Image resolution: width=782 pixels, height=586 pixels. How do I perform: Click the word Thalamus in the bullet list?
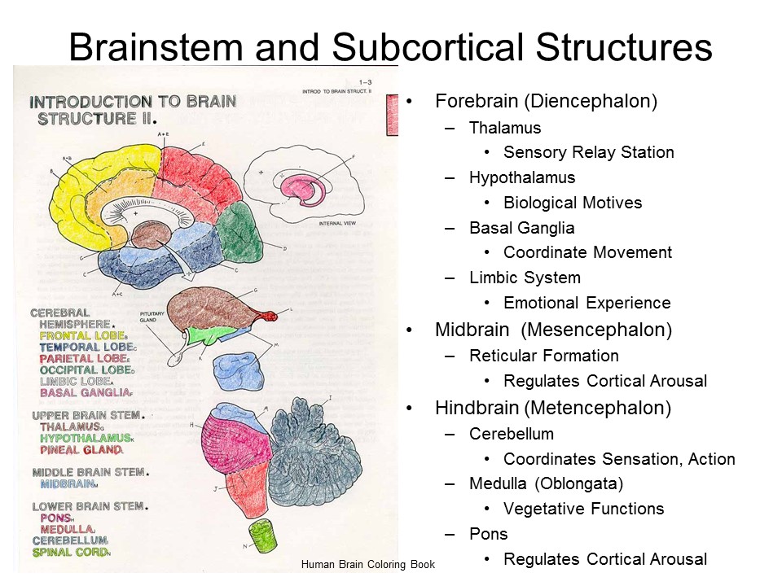point(504,128)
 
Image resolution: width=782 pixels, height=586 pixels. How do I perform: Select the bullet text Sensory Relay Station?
point(588,152)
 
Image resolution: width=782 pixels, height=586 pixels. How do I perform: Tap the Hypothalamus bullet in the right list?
point(521,177)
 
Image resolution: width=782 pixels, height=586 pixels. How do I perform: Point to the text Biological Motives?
point(573,203)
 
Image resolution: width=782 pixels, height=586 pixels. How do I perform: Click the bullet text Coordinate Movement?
point(587,252)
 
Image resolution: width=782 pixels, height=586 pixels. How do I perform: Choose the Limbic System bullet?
point(525,278)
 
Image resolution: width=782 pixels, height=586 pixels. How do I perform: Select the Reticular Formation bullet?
point(543,356)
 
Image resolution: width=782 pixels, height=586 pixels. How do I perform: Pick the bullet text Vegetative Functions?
point(583,509)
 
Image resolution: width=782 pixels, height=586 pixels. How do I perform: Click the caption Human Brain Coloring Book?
point(367,564)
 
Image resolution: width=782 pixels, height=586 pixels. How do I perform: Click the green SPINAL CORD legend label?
point(70,552)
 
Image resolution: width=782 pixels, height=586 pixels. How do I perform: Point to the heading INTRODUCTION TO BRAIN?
point(132,103)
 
